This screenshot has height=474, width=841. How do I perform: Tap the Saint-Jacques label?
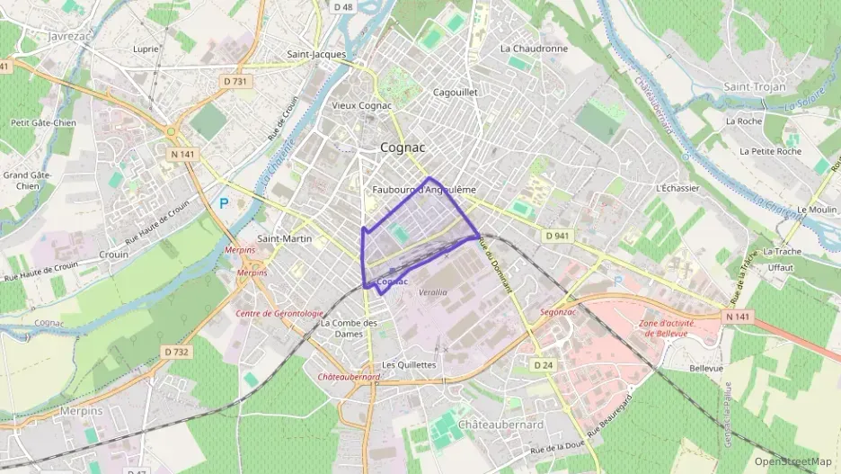coord(316,54)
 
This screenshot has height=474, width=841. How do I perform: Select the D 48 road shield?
coord(342,7)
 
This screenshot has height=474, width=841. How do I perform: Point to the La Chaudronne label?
coord(534,49)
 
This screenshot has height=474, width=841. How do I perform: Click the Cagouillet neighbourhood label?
coord(455,92)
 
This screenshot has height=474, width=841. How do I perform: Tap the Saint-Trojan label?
coord(755,86)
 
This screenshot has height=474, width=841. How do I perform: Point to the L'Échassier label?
coord(678,188)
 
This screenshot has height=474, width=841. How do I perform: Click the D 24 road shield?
coord(543,365)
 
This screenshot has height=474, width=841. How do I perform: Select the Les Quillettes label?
coord(409,364)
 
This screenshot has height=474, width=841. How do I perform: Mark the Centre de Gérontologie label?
coord(279,314)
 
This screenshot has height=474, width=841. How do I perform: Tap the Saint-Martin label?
coord(285,238)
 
